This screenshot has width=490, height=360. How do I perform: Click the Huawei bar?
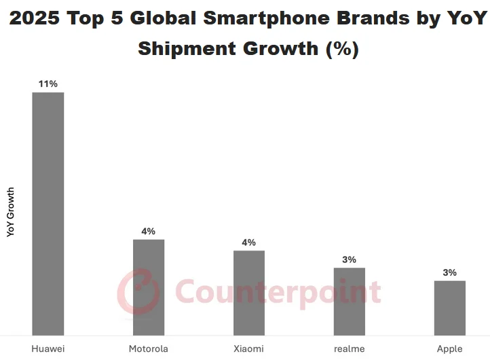point(48,213)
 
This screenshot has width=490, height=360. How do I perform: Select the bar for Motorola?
point(148,287)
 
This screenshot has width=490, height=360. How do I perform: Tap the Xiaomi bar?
point(248,292)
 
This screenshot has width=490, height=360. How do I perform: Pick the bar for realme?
point(349,301)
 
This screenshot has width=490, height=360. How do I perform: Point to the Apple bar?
point(449,307)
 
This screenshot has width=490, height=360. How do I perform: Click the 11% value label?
point(48,84)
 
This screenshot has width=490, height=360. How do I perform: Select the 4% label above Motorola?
point(148,231)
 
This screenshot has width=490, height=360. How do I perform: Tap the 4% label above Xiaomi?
point(248,242)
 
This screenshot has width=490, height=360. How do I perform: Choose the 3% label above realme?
point(349,259)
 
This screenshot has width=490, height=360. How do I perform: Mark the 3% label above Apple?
point(449,272)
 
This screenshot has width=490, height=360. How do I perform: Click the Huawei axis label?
point(48,349)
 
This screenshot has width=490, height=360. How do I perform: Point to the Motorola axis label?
point(148,349)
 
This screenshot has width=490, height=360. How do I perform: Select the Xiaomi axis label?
point(248,349)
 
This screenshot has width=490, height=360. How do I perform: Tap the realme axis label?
point(349,349)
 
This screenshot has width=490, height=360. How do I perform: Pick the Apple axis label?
point(449,349)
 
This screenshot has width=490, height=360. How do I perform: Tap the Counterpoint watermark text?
point(278,291)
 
